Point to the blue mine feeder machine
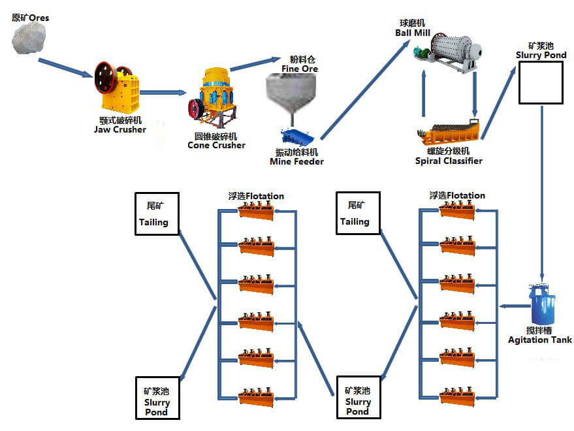(x=299, y=138)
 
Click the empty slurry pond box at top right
(x=541, y=82)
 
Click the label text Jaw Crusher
(x=120, y=129)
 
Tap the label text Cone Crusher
(x=216, y=145)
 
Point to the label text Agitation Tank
(x=540, y=340)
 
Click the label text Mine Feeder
(x=296, y=161)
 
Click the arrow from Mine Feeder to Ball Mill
(x=362, y=92)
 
